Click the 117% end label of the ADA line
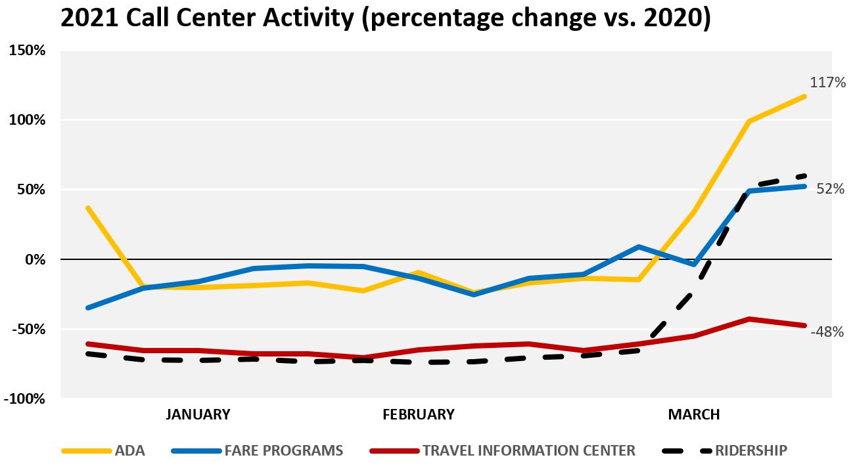tap(827, 82)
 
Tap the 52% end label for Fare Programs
tap(830, 188)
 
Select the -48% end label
tap(827, 332)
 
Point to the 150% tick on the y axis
tap(27, 50)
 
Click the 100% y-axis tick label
tap(27, 119)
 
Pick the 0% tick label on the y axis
tap(35, 260)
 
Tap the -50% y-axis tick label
tap(29, 329)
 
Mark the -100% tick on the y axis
tap(24, 398)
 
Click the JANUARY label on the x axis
tap(198, 414)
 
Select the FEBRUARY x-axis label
tap(419, 414)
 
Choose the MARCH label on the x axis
tap(694, 414)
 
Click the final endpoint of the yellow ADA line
tap(804, 97)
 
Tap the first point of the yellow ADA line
tap(88, 208)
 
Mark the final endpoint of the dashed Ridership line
tap(804, 176)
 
